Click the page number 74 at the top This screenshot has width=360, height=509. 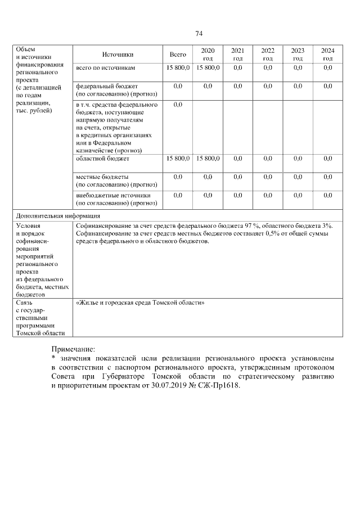pyautogui.click(x=199, y=34)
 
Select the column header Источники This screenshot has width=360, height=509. pyautogui.click(x=118, y=55)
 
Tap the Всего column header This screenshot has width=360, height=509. pyautogui.click(x=178, y=55)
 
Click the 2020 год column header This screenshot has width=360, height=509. pyautogui.click(x=208, y=55)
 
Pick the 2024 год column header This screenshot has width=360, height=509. pyautogui.click(x=328, y=55)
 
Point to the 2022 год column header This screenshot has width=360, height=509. pyautogui.click(x=268, y=55)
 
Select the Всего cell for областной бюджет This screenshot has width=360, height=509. pyautogui.click(x=178, y=159)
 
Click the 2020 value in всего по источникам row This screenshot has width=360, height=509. pyautogui.click(x=208, y=68)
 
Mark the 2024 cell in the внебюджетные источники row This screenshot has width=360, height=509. pyautogui.click(x=328, y=195)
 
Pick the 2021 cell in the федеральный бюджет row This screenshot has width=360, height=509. pyautogui.click(x=238, y=86)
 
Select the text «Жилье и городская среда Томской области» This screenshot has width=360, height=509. pyautogui.click(x=139, y=303)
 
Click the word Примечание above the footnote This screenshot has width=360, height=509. pyautogui.click(x=73, y=349)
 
